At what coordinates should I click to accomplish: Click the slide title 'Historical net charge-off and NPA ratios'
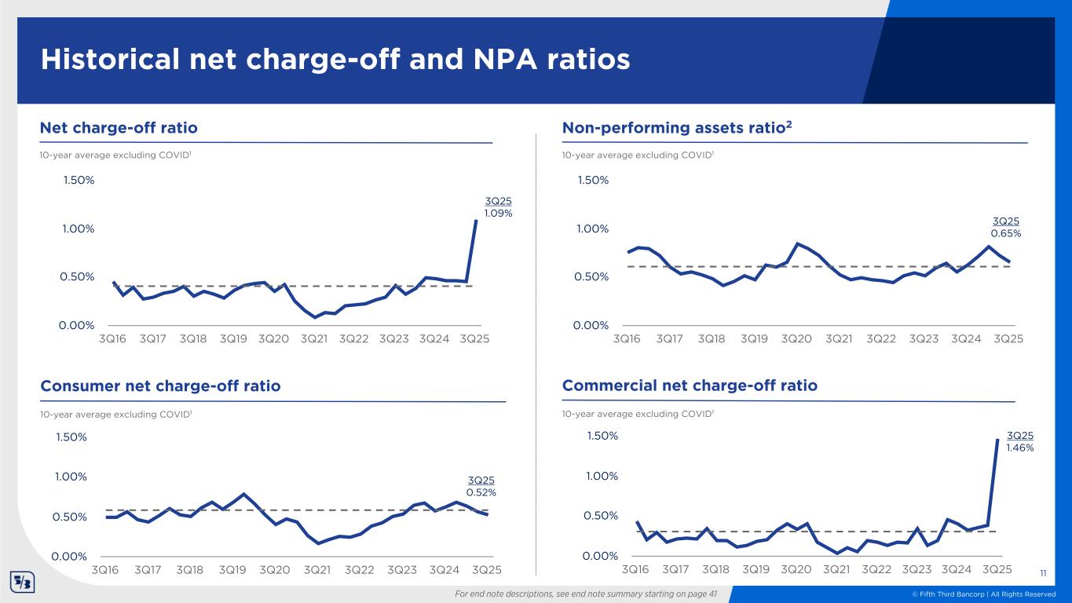335,60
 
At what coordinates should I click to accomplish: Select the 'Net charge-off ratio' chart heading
119,127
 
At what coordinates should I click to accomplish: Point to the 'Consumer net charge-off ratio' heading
160,386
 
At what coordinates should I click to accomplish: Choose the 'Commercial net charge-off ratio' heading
690,386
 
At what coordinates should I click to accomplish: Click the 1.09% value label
499,213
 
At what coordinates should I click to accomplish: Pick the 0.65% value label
1006,233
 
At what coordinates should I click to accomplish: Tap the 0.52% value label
481,492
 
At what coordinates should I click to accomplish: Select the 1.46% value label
1019,448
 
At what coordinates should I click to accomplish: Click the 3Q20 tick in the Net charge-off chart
273,339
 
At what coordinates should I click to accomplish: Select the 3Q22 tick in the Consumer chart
360,568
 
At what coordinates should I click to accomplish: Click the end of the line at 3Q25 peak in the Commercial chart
997,440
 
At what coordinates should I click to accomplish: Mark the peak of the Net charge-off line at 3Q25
476,221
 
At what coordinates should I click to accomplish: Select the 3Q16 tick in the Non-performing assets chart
627,339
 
